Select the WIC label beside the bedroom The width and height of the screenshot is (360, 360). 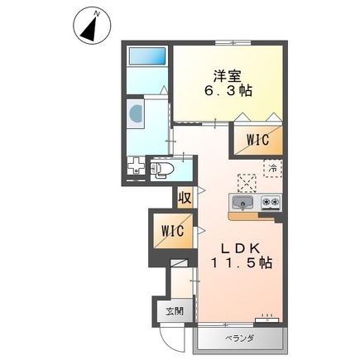257,141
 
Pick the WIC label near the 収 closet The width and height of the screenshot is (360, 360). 173,229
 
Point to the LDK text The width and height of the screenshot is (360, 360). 241,247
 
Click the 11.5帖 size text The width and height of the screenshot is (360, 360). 241,263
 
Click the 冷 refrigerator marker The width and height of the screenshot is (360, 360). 271,169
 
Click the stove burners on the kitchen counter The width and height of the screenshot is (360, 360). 271,203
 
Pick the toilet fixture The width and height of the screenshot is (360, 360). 161,170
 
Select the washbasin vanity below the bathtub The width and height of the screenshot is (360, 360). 136,111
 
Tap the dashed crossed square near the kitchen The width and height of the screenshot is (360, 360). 246,182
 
